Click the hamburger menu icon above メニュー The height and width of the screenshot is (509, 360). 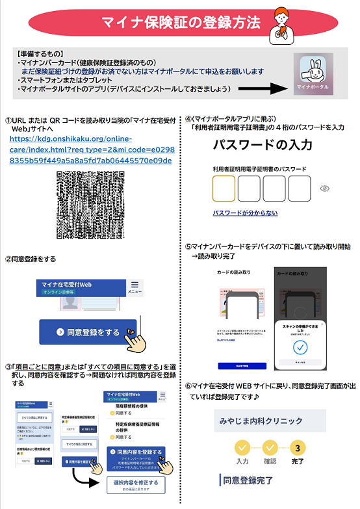click(135, 285)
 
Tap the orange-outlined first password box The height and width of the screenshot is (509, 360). click(224, 189)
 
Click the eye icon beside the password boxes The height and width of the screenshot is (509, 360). click(326, 189)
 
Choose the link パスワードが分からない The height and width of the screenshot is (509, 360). click(245, 213)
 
